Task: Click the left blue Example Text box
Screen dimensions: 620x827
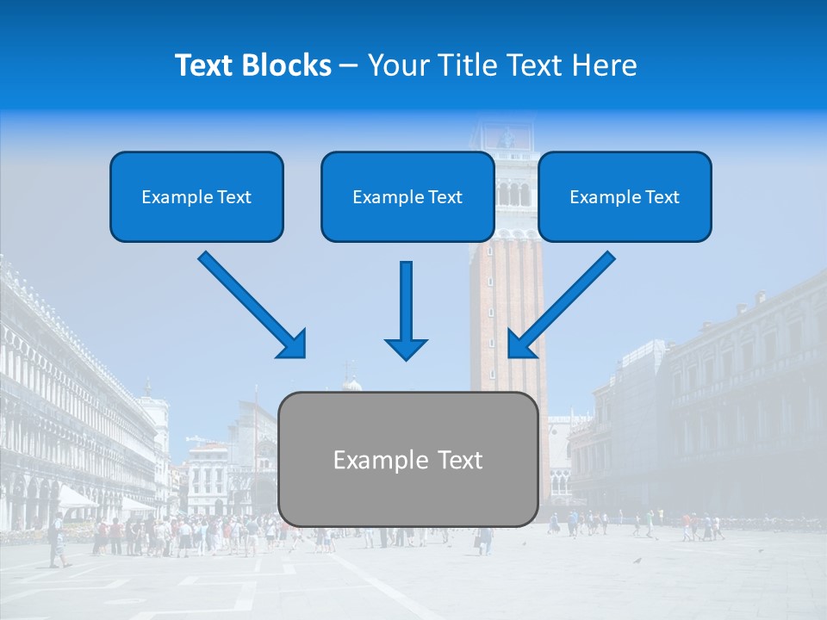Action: click(x=196, y=196)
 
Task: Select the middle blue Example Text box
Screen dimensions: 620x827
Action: click(x=407, y=196)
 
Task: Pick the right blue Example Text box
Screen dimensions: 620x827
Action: click(x=625, y=196)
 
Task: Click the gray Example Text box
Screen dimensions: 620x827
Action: click(x=408, y=459)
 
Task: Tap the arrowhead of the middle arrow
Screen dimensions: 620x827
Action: click(x=406, y=348)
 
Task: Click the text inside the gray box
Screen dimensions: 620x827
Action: click(x=408, y=460)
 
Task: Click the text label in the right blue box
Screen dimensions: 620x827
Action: click(x=625, y=197)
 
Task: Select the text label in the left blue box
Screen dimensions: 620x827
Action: click(x=196, y=197)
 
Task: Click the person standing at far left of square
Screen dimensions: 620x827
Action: click(x=57, y=541)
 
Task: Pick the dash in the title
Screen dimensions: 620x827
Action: click(x=349, y=65)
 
